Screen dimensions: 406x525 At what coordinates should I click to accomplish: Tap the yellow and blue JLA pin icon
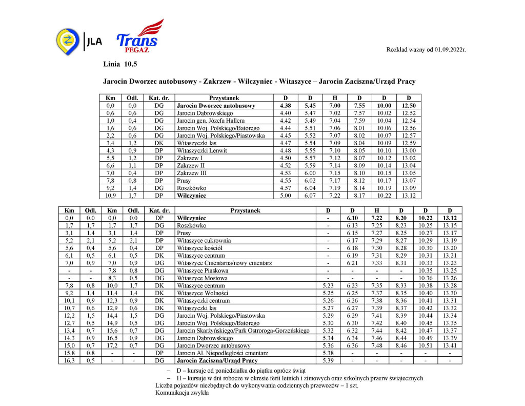pyautogui.click(x=67, y=40)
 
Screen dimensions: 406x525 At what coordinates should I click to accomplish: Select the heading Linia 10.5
pyautogui.click(x=120, y=64)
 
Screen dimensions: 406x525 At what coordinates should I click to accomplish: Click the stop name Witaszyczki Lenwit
pyautogui.click(x=202, y=150)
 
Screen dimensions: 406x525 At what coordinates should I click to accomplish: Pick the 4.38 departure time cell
pyautogui.click(x=286, y=105)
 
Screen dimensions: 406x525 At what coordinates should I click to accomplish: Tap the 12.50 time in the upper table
pyautogui.click(x=409, y=105)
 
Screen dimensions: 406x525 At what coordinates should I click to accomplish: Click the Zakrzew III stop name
pyautogui.click(x=192, y=173)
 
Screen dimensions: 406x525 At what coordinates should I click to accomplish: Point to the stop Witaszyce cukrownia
pyautogui.click(x=204, y=240)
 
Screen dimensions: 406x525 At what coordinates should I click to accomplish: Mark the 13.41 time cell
pyautogui.click(x=450, y=345)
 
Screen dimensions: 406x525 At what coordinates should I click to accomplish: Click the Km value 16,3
pyautogui.click(x=70, y=360)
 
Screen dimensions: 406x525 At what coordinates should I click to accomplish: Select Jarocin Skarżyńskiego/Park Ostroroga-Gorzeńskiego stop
pyautogui.click(x=243, y=331)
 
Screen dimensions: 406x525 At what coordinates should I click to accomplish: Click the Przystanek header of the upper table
pyautogui.click(x=224, y=98)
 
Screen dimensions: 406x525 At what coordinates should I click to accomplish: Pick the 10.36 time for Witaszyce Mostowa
pyautogui.click(x=425, y=278)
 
